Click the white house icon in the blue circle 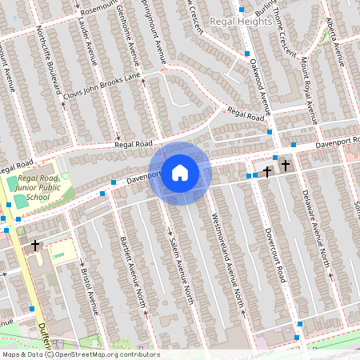pos(180,173)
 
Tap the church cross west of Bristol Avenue pos(34,245)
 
